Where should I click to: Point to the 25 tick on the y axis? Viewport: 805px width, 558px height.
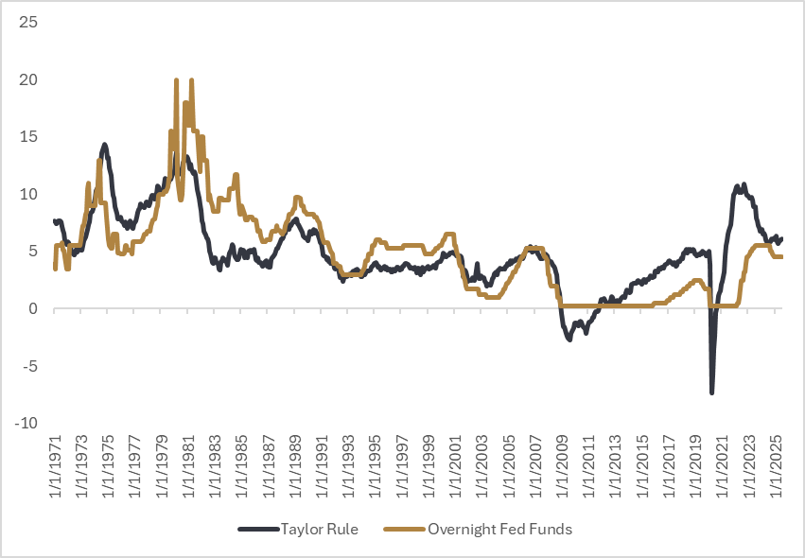pyautogui.click(x=28, y=21)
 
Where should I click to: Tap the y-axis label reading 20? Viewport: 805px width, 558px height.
pyautogui.click(x=28, y=78)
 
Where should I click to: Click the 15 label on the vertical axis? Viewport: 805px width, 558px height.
pyautogui.click(x=28, y=136)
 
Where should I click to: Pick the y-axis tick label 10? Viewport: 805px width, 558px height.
pyautogui.click(x=28, y=194)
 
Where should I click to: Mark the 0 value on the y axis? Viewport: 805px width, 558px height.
pyautogui.click(x=32, y=308)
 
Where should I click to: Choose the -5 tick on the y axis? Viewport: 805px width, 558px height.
pyautogui.click(x=29, y=366)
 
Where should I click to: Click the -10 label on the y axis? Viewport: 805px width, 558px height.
pyautogui.click(x=26, y=423)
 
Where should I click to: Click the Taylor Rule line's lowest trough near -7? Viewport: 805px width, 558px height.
pyautogui.click(x=711, y=392)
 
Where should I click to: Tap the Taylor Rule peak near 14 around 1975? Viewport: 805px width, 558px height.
pyautogui.click(x=104, y=145)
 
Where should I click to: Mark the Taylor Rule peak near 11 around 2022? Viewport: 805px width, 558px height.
pyautogui.click(x=744, y=185)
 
